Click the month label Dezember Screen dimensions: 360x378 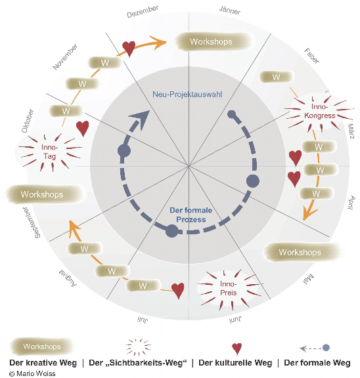[143, 11]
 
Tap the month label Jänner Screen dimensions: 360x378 [230, 10]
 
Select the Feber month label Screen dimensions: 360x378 [311, 56]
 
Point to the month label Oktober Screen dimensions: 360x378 [28, 121]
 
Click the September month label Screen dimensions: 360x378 [31, 222]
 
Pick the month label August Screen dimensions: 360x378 [68, 278]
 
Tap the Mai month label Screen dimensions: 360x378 [309, 279]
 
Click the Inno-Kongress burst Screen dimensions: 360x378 [319, 111]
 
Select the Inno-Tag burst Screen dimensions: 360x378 [50, 152]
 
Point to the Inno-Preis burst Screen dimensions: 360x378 [228, 289]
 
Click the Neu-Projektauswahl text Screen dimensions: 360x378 [187, 94]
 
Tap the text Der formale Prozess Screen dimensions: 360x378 [191, 215]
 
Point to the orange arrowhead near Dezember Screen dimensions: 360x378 [158, 43]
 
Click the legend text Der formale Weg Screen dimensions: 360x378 [317, 362]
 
